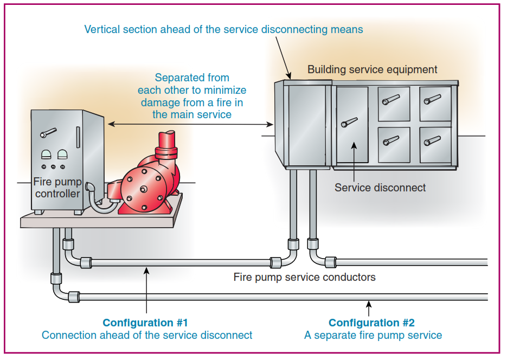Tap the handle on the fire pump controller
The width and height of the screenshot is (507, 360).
tap(48, 132)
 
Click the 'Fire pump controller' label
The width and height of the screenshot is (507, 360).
tap(57, 188)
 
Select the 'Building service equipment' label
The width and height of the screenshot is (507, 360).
tap(372, 69)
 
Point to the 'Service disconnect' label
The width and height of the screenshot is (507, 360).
tap(380, 188)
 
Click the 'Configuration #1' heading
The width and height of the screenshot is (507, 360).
tap(145, 323)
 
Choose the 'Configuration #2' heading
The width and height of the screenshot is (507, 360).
tap(371, 323)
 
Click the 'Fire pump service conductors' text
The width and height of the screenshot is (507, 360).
tap(304, 277)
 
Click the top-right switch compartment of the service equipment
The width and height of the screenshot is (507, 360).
tap(435, 102)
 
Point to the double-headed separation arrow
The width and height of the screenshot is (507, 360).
tap(190, 125)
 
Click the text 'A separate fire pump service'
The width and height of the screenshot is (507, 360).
tap(373, 335)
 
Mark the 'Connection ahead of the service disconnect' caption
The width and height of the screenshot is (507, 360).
tap(147, 335)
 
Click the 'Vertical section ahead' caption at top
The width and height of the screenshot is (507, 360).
tap(223, 29)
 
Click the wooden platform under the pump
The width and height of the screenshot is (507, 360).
tap(103, 218)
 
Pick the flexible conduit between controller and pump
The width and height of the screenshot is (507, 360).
tap(99, 202)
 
